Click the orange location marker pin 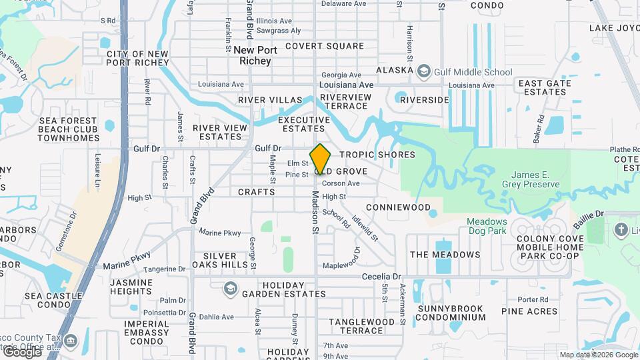(x=320, y=159)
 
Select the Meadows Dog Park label (x=487, y=226)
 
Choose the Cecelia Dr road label (x=382, y=276)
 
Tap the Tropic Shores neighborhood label (x=377, y=155)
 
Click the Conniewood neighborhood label (x=398, y=207)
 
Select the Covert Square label (x=325, y=46)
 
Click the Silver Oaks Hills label (x=219, y=261)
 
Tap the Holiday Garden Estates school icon (x=231, y=288)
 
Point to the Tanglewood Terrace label (x=362, y=326)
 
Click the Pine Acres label (x=529, y=311)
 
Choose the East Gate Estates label (x=545, y=87)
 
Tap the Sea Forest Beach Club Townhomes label (x=68, y=129)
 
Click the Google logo (x=22, y=351)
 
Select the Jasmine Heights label (x=131, y=287)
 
